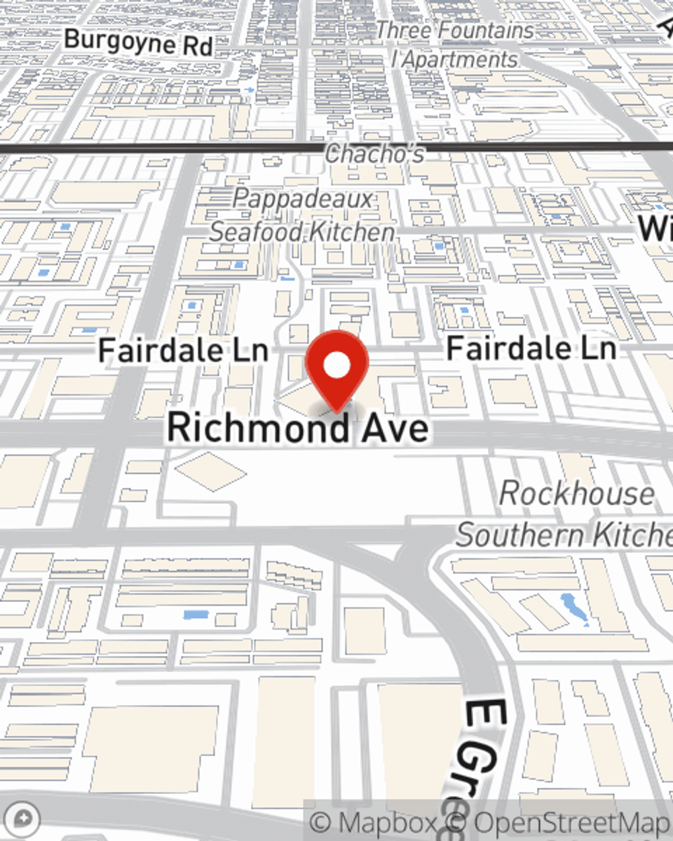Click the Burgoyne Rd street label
(x=138, y=42)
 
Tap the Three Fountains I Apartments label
(x=454, y=45)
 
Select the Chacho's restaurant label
(x=374, y=154)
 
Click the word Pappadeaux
(x=302, y=199)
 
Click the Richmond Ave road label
(x=297, y=428)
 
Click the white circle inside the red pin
(x=336, y=365)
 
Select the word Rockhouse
(x=576, y=494)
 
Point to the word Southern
(x=519, y=536)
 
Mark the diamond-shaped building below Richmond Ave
(x=211, y=471)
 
